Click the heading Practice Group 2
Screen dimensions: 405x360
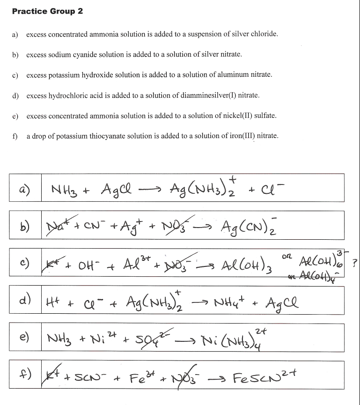(x=48, y=11)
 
